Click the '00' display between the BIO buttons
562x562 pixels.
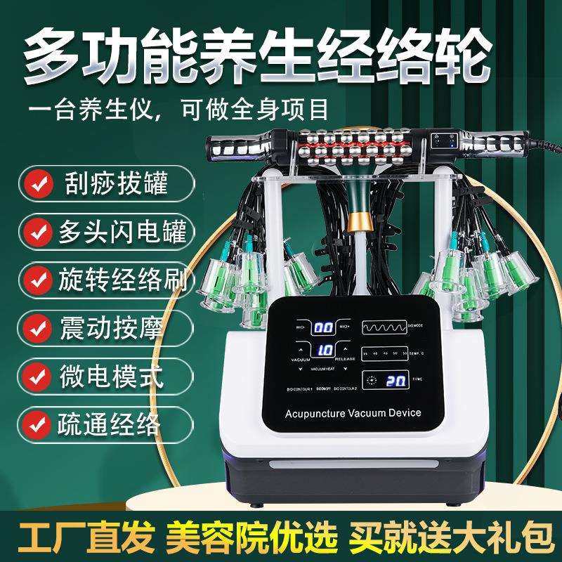click(323, 328)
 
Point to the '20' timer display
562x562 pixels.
click(395, 380)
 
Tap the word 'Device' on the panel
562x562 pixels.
click(405, 413)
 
